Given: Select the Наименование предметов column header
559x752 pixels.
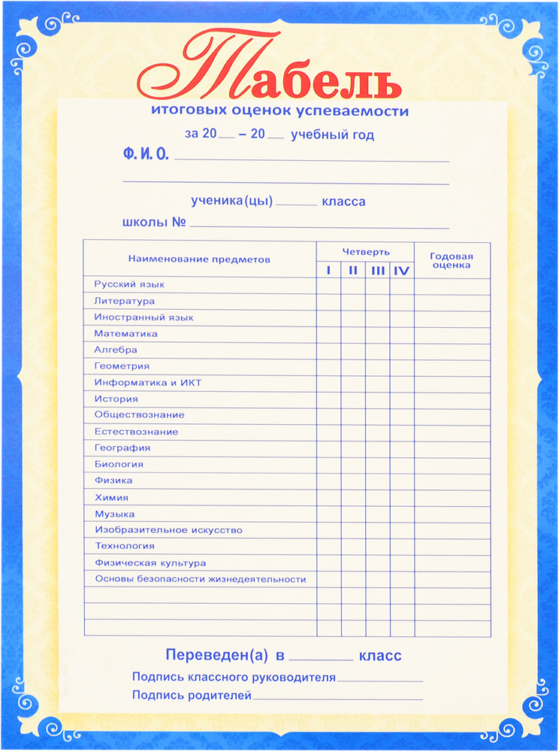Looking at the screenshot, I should point(198,259).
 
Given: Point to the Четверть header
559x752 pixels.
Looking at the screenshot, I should point(366,251).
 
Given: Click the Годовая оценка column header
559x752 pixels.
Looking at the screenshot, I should point(451,260).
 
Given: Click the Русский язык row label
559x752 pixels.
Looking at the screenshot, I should point(128,284).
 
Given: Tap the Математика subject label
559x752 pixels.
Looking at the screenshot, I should point(125,333).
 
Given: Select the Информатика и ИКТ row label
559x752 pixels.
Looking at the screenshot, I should point(147,383).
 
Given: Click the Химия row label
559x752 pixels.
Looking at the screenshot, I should point(111,497).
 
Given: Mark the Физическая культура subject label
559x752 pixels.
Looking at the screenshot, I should point(150,562).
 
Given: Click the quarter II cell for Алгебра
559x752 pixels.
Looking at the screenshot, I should point(353,350).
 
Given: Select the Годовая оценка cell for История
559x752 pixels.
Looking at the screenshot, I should point(452,399).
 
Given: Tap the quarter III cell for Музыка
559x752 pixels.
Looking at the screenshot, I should point(378,514).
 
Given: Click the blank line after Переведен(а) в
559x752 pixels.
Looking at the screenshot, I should point(321,656).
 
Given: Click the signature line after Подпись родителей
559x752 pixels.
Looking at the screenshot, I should point(337,698).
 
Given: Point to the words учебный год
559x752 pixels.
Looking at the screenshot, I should point(332,135).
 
